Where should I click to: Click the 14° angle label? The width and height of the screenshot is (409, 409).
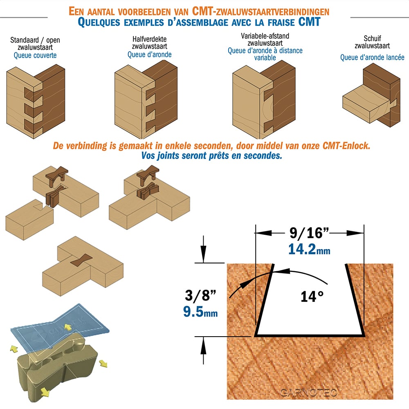click(x=312, y=297)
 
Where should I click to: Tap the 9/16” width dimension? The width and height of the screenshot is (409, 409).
click(x=309, y=233)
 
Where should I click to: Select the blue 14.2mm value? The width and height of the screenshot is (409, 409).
click(x=309, y=249)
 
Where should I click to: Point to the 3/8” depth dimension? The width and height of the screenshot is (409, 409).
click(x=200, y=295)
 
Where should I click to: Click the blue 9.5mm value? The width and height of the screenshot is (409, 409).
click(x=200, y=311)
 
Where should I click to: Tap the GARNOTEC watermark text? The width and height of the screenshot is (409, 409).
click(x=308, y=392)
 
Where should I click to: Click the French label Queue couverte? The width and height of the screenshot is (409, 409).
click(x=35, y=55)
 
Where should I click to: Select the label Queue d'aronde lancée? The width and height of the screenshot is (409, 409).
click(x=372, y=57)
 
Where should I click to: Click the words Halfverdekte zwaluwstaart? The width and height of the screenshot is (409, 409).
click(x=149, y=43)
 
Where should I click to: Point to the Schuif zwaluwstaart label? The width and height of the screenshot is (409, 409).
click(x=372, y=42)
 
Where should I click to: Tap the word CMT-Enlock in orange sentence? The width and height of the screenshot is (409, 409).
click(x=346, y=146)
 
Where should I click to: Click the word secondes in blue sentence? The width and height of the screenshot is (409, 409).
click(x=263, y=156)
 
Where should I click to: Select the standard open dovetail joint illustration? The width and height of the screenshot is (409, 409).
click(x=36, y=101)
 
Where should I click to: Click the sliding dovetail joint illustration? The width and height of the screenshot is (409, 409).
click(x=371, y=95)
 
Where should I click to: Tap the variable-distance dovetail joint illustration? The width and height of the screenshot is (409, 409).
click(x=264, y=99)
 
